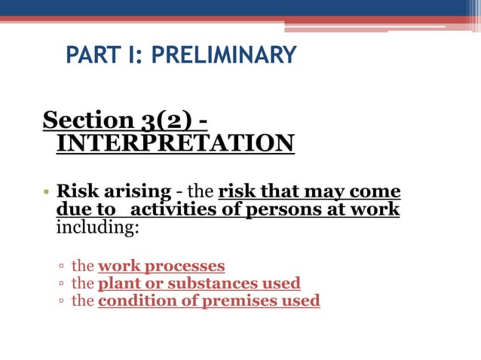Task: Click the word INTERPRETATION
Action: coord(175,142)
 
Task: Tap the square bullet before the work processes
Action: coord(61,267)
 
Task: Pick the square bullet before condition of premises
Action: coord(61,301)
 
